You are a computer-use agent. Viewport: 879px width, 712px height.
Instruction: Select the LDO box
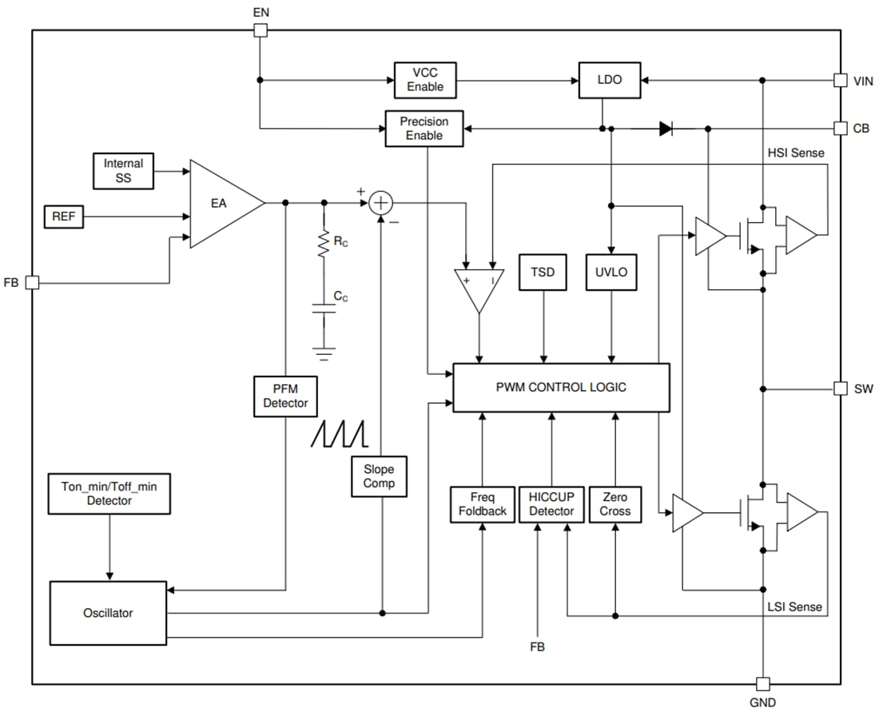pyautogui.click(x=609, y=80)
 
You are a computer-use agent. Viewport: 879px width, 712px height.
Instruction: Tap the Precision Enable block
pyautogui.click(x=424, y=128)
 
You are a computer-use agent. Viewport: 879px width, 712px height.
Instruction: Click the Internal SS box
pyautogui.click(x=123, y=170)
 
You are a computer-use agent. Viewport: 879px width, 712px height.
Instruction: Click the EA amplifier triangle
pyautogui.click(x=220, y=204)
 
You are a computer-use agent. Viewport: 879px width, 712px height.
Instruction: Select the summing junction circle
pyautogui.click(x=382, y=203)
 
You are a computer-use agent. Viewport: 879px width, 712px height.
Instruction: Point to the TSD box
pyautogui.click(x=544, y=272)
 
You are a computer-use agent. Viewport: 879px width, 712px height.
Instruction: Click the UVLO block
pyautogui.click(x=612, y=272)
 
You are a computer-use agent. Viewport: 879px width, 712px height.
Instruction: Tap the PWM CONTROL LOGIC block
pyautogui.click(x=561, y=388)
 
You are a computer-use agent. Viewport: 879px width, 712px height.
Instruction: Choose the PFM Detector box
pyautogui.click(x=285, y=396)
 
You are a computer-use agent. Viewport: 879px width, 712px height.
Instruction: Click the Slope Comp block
pyautogui.click(x=379, y=476)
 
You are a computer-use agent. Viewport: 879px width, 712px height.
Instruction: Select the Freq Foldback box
pyautogui.click(x=482, y=504)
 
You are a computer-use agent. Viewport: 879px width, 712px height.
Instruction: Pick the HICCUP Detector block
pyautogui.click(x=551, y=504)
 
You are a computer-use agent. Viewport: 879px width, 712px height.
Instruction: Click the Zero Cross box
pyautogui.click(x=615, y=504)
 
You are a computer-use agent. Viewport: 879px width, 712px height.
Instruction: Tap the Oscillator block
pyautogui.click(x=108, y=613)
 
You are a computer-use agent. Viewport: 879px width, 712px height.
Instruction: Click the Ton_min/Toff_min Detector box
pyautogui.click(x=109, y=493)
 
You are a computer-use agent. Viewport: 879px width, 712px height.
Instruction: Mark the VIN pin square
pyautogui.click(x=840, y=80)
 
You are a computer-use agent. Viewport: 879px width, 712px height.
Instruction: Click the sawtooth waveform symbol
pyautogui.click(x=340, y=432)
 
